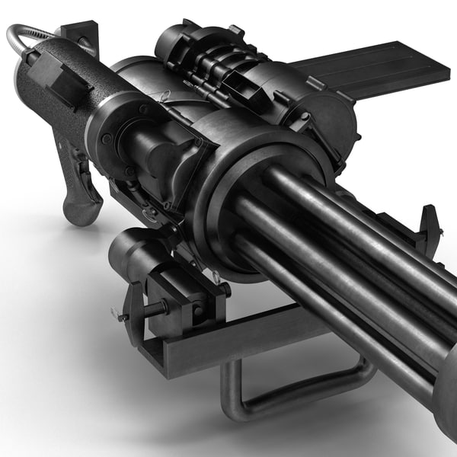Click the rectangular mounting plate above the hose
pyautogui.click(x=79, y=34)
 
